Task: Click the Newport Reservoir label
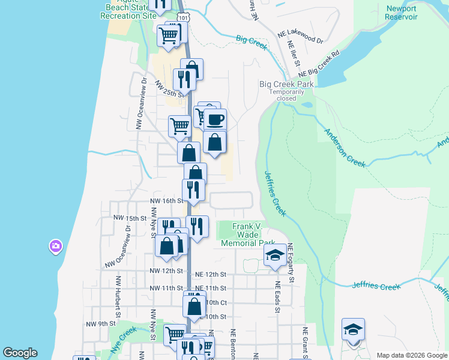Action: [402, 13]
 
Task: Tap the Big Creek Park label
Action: [286, 85]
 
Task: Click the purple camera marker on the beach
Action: [55, 246]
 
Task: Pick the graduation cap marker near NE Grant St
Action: [353, 329]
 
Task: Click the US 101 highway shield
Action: [185, 18]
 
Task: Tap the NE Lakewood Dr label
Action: [300, 38]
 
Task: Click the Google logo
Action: [20, 353]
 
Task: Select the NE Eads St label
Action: [278, 298]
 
